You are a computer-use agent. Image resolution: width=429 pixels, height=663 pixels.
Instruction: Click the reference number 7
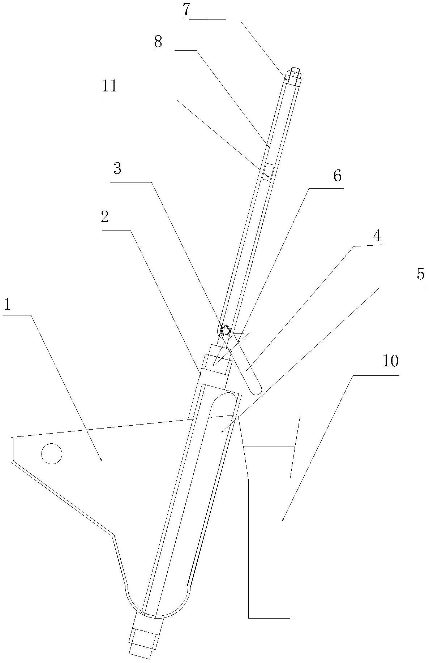[x=186, y=10]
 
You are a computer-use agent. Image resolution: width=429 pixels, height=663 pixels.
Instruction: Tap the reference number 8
[x=158, y=42]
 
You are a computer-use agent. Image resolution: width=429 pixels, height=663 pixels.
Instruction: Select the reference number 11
[x=110, y=87]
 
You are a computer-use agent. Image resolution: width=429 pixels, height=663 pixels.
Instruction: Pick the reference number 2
[x=105, y=217]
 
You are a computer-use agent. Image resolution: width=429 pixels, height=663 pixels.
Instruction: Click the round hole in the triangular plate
[x=52, y=453]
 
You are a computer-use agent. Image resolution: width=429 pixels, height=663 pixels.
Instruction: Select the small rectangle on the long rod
[x=268, y=172]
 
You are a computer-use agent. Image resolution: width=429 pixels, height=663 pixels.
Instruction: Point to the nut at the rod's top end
[x=293, y=76]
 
